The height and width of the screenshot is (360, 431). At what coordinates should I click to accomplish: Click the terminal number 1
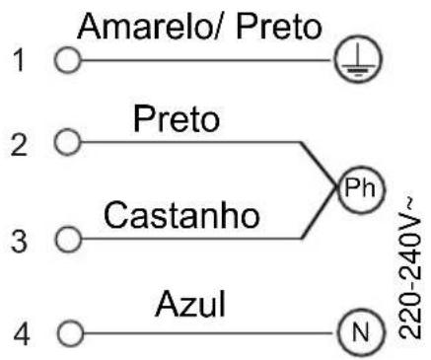tap(20, 60)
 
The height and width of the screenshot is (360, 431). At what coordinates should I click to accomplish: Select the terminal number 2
tap(19, 144)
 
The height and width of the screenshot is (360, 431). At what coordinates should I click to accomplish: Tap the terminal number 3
tap(19, 241)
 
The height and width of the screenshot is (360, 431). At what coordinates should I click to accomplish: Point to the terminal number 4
tap(22, 333)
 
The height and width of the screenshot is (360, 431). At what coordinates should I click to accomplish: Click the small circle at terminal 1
tap(67, 60)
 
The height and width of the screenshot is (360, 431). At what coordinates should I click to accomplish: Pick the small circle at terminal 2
tap(67, 142)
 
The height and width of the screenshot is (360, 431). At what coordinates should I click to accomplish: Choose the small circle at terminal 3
tap(68, 239)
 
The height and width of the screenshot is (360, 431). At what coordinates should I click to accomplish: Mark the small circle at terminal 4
tap(70, 333)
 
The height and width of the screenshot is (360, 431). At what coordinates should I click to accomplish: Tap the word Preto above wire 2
tap(177, 119)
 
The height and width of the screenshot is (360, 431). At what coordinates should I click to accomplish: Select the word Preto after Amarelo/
tap(279, 27)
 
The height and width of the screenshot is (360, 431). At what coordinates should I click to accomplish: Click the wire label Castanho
tap(181, 215)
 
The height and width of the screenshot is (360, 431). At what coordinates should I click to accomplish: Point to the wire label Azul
tap(190, 304)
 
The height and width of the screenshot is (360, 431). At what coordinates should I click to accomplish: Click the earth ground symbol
tap(358, 59)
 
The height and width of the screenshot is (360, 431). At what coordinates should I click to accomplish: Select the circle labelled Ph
tap(361, 188)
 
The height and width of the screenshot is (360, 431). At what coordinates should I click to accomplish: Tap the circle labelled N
tap(361, 332)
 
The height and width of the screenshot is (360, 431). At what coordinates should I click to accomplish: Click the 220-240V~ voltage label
tap(410, 268)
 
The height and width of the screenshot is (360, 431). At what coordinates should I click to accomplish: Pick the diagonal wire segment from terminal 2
tap(319, 165)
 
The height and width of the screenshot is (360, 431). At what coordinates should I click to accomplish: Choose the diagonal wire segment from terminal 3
tap(319, 213)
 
